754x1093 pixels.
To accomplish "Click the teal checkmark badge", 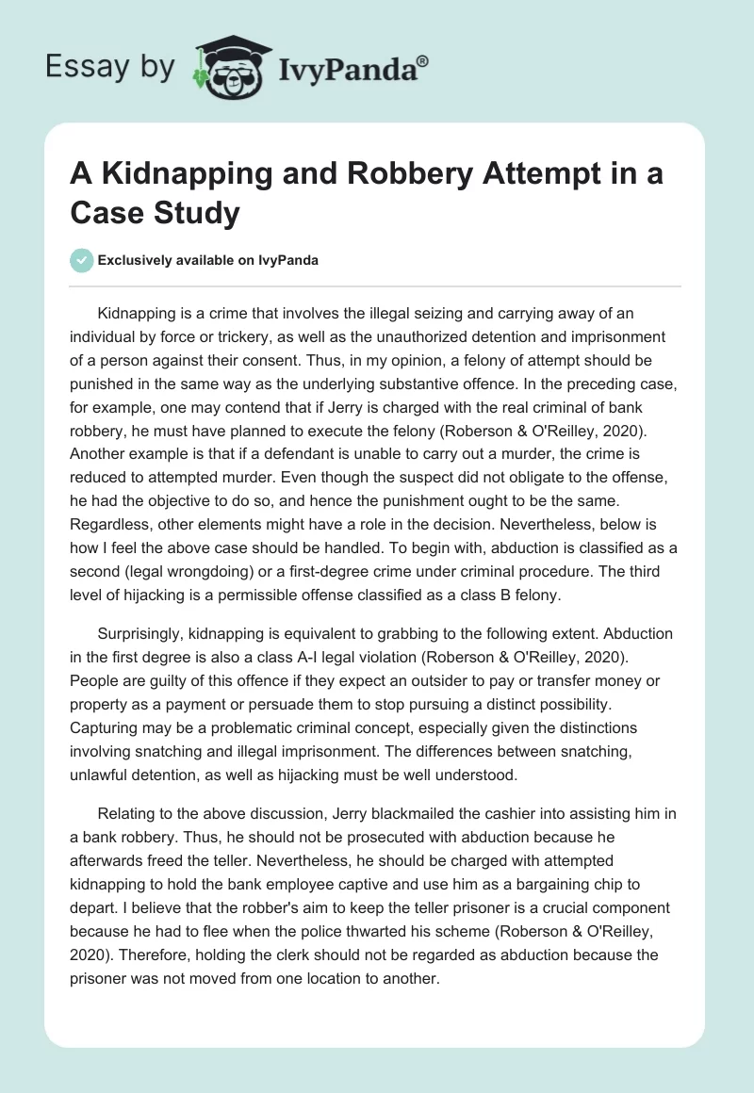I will (x=82, y=260).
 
